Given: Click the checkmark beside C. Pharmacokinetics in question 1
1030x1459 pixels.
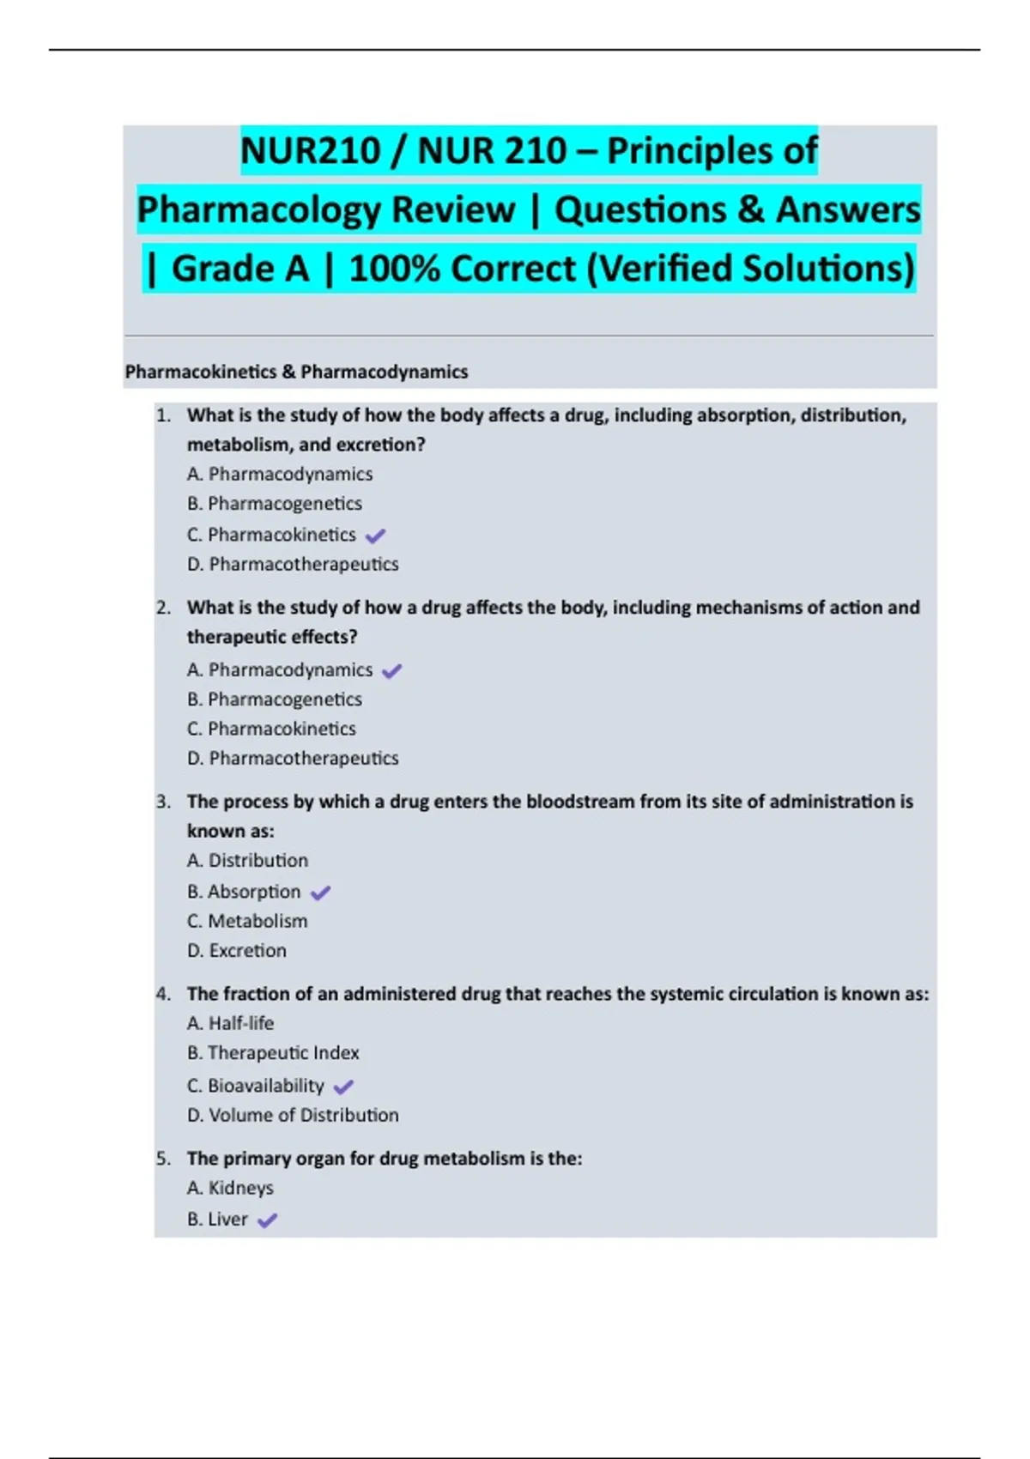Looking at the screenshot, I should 375,536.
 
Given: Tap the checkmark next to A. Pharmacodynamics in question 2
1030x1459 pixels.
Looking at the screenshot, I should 391,671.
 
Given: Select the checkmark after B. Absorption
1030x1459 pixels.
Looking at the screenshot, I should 320,893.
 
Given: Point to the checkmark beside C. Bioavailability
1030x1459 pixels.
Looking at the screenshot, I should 343,1087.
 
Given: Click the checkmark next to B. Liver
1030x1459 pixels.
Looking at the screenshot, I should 267,1220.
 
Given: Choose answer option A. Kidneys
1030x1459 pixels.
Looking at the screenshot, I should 230,1188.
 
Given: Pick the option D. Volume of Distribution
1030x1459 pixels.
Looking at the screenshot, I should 293,1115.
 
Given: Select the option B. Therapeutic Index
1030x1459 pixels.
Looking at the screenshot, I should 273,1053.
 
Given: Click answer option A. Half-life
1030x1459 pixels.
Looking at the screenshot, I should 230,1023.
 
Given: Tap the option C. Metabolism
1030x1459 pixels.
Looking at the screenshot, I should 247,921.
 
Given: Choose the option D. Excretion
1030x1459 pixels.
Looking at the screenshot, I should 237,951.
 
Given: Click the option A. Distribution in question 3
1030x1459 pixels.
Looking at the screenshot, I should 247,860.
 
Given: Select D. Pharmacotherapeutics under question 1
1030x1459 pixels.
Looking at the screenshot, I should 293,564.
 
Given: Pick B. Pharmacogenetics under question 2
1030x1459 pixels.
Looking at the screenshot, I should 275,699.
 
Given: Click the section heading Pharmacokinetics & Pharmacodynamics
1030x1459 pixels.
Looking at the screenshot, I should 296,372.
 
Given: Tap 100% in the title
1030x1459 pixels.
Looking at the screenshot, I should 395,269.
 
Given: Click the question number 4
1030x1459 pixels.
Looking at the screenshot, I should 163,994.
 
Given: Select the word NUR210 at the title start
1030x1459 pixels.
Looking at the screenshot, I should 310,151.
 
